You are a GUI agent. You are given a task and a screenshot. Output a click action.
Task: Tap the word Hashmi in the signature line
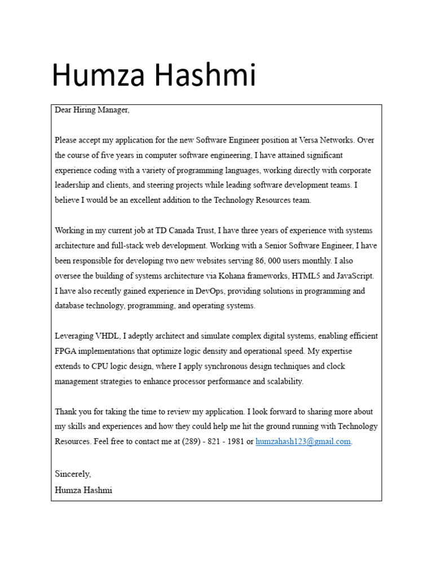coord(96,490)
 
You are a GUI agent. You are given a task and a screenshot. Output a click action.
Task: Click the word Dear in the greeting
coord(63,110)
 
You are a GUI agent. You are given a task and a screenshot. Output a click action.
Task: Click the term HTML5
coord(307,276)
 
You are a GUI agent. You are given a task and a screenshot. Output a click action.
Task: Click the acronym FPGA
coord(65,351)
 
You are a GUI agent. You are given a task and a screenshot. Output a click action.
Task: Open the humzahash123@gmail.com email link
coord(303,442)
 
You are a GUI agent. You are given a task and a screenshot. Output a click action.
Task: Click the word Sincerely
coord(72,474)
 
